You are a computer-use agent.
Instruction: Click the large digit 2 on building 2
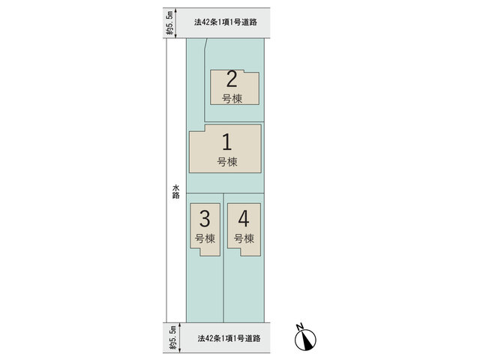tap(232, 79)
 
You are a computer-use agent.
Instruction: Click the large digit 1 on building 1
tap(226, 142)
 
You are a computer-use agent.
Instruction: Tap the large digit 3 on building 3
tap(205, 218)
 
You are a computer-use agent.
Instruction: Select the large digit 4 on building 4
tap(244, 218)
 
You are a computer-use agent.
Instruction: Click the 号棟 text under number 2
tap(232, 98)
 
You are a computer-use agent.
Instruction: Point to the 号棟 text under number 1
tap(227, 162)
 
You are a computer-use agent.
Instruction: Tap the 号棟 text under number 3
tap(205, 238)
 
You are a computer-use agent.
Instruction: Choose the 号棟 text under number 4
tap(244, 238)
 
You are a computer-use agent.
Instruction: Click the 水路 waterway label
tap(175, 192)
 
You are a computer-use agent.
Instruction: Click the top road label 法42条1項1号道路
tap(226, 22)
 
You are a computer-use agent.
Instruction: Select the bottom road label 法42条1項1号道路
tap(229, 338)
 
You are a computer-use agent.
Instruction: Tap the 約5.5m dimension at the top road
tap(170, 23)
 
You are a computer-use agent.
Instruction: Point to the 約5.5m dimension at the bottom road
tap(173, 338)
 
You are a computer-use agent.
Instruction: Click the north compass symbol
tap(305, 340)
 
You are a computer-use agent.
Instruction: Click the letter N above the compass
tap(300, 326)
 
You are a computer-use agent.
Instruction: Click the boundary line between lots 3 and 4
tap(223, 258)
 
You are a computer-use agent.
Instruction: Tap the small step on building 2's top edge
tap(244, 71)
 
